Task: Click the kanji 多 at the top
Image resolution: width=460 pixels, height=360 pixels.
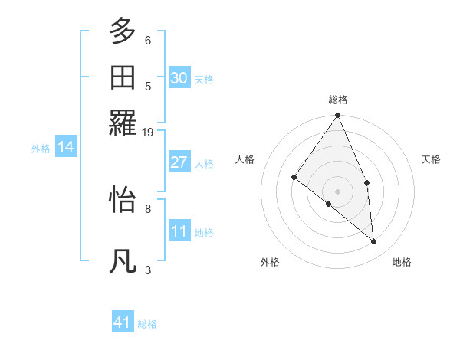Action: (x=123, y=31)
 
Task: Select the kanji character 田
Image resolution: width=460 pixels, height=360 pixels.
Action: (x=123, y=77)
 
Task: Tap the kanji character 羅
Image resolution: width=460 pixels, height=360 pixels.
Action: (x=123, y=123)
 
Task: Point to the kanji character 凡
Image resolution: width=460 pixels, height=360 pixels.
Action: (x=123, y=261)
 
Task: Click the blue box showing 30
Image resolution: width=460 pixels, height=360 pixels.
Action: (x=179, y=78)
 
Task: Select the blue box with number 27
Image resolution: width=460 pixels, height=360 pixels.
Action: (x=179, y=162)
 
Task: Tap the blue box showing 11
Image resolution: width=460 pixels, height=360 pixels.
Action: (x=179, y=231)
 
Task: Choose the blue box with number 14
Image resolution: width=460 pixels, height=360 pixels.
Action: (x=65, y=147)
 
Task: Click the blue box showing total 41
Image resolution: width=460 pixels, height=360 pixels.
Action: (x=123, y=322)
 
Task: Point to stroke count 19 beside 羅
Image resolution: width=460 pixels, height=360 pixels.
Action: (x=148, y=133)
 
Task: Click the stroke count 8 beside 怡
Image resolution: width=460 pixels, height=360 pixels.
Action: (x=148, y=208)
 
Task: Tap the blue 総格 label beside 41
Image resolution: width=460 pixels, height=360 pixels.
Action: (x=147, y=324)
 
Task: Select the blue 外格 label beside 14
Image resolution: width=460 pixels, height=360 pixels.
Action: (x=41, y=149)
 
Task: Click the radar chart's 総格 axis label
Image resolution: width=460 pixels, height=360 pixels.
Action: (x=338, y=100)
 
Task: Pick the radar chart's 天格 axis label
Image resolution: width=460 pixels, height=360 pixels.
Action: (x=432, y=159)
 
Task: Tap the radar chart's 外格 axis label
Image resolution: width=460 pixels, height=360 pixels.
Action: (x=270, y=262)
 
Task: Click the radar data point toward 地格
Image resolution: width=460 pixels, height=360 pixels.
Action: (x=374, y=241)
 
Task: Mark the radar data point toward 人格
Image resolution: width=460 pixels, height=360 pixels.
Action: (x=294, y=178)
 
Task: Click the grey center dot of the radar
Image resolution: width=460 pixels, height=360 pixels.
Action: (x=338, y=191)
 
